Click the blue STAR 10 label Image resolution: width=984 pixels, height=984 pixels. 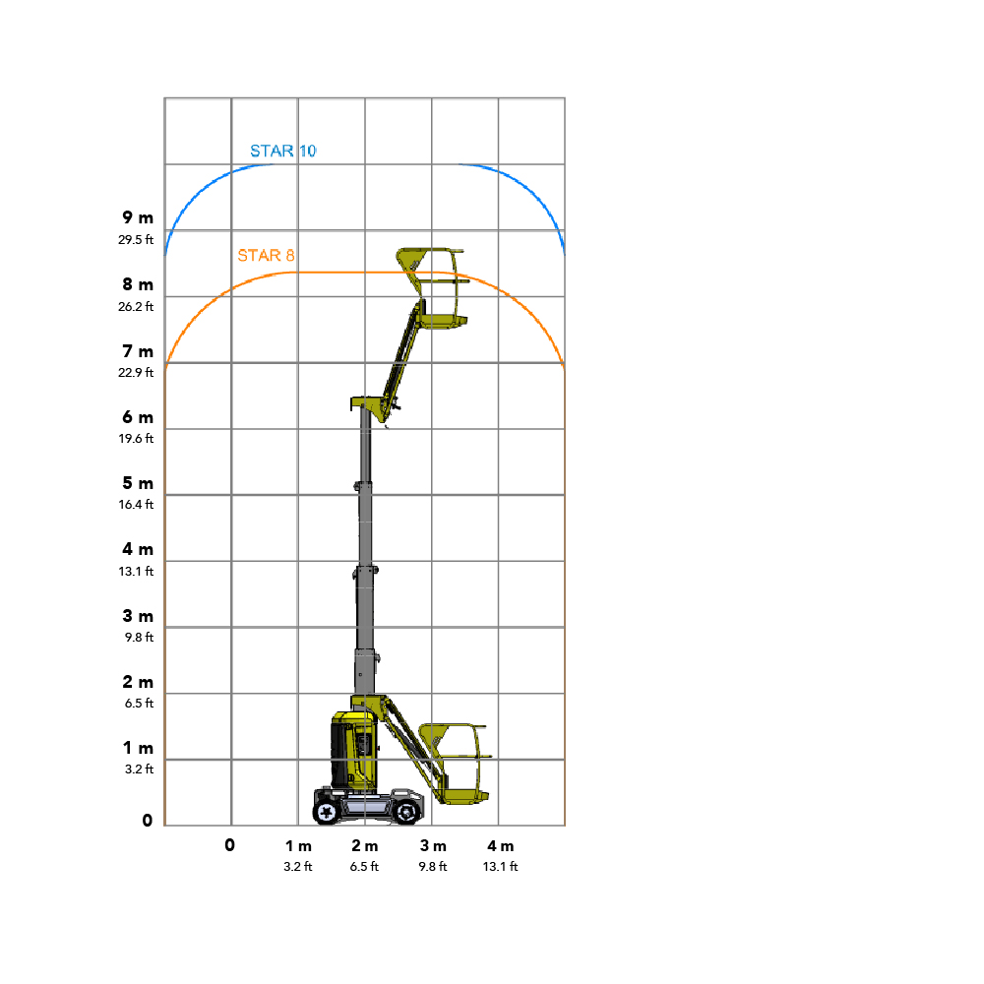(x=282, y=151)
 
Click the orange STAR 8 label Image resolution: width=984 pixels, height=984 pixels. (x=266, y=256)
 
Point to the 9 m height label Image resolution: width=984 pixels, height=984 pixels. (x=138, y=217)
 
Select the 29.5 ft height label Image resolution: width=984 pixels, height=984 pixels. (x=136, y=239)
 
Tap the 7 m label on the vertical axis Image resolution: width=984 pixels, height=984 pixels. (x=138, y=351)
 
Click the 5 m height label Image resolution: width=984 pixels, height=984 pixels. (x=138, y=483)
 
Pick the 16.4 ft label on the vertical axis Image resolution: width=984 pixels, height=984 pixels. (x=136, y=504)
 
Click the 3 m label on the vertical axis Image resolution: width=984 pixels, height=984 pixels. (x=138, y=616)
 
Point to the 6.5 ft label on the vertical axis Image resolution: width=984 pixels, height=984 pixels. (x=138, y=703)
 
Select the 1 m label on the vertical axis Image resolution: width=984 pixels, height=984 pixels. (x=138, y=748)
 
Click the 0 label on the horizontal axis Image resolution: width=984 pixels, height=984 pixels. (x=230, y=845)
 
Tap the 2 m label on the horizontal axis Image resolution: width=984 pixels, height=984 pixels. (x=365, y=846)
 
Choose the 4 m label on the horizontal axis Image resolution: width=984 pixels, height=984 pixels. (x=500, y=846)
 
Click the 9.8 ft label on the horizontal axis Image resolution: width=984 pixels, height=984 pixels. (x=433, y=867)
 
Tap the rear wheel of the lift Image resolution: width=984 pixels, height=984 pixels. (x=327, y=812)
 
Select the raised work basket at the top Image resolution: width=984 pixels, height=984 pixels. (x=434, y=286)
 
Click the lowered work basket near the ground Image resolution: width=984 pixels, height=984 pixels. (x=455, y=764)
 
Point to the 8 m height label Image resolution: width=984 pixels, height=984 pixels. (x=138, y=284)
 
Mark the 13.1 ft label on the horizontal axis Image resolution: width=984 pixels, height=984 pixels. (x=500, y=867)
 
